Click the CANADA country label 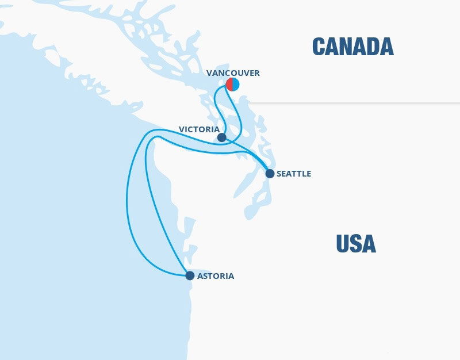[352, 47]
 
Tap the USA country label [356, 244]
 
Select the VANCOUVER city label [233, 73]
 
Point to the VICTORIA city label [199, 129]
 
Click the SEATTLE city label [293, 174]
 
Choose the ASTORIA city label [215, 276]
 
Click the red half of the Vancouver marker [229, 85]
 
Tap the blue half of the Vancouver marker [236, 85]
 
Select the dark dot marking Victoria [222, 137]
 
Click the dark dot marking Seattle [270, 173]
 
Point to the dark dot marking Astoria [190, 275]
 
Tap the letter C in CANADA [319, 47]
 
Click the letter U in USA [343, 244]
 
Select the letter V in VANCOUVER [209, 73]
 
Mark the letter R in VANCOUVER [256, 73]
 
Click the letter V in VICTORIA [182, 129]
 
